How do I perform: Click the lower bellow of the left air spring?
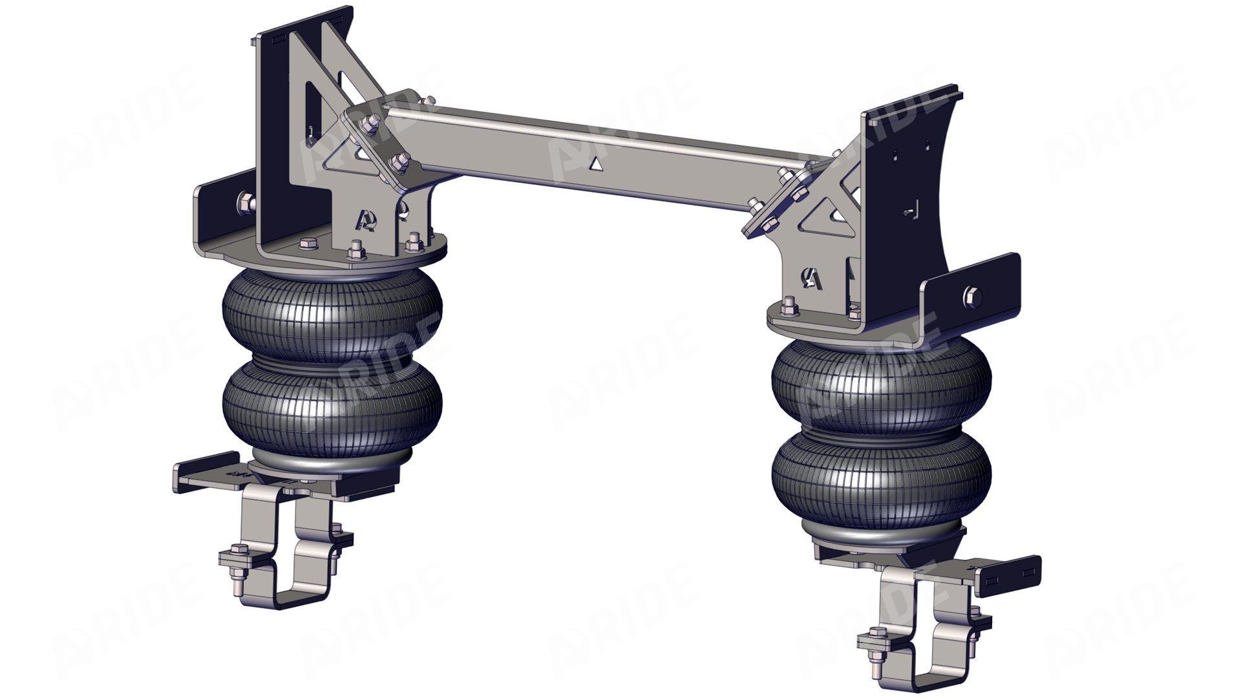[332, 404]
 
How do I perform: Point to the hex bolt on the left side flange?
[246, 202]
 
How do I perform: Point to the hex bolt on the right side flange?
[972, 297]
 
